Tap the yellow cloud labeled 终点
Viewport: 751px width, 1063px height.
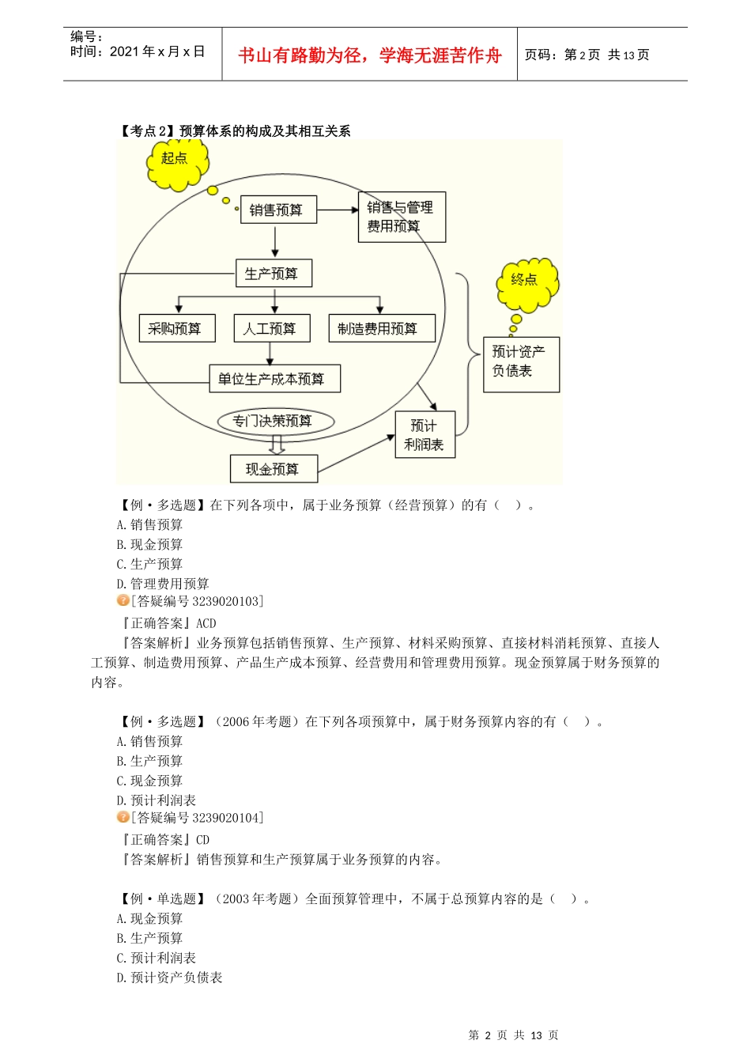click(x=527, y=282)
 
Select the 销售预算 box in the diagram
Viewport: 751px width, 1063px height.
click(x=277, y=210)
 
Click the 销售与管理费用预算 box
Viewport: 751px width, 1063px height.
click(x=402, y=217)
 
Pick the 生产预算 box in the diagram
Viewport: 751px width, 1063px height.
click(x=274, y=274)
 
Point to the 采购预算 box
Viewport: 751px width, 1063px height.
click(x=176, y=328)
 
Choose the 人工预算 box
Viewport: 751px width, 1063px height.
click(x=271, y=328)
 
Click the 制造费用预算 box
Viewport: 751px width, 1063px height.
click(x=381, y=328)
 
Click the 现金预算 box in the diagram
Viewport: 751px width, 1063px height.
click(x=274, y=469)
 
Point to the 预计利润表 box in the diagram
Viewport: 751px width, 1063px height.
click(x=425, y=434)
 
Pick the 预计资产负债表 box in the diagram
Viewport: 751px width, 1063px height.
click(x=521, y=365)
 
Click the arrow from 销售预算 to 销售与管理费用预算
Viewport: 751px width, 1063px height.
click(x=338, y=210)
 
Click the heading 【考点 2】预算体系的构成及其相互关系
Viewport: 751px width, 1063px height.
click(x=235, y=131)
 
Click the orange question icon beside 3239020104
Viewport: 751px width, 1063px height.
click(x=123, y=817)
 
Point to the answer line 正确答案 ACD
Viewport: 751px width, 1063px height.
click(x=168, y=623)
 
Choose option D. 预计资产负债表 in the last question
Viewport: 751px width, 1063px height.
click(x=169, y=978)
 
